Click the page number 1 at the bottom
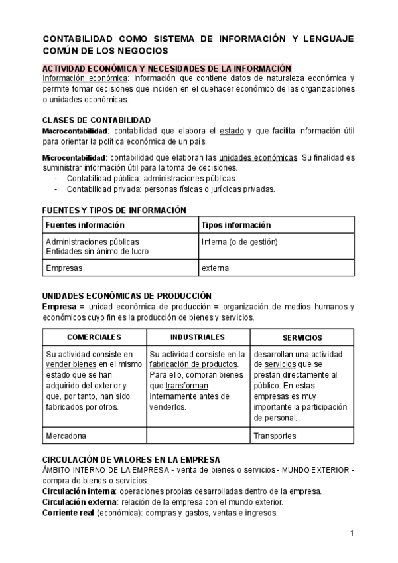pos(352,533)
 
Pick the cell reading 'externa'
pos(215,268)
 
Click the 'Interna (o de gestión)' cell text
pos(239,242)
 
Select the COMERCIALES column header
pos(94,337)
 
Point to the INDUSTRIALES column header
pos(197,337)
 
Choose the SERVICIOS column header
pos(302,337)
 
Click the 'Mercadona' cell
pos(66,436)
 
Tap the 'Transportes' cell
pos(275,436)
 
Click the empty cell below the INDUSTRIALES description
pos(198,436)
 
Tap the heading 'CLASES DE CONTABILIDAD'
pos(96,120)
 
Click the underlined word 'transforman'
pos(186,386)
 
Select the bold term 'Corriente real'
pos(68,513)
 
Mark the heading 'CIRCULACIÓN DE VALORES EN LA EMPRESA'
pos(131,459)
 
